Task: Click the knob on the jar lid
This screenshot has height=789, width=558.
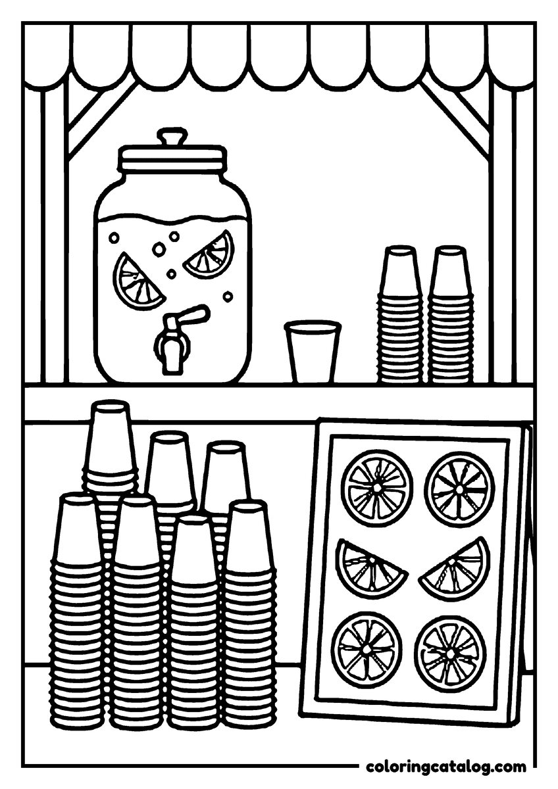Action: pyautogui.click(x=172, y=137)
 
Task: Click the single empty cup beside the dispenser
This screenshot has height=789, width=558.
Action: pyautogui.click(x=313, y=350)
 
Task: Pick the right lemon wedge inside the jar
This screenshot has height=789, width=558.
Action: pyautogui.click(x=210, y=254)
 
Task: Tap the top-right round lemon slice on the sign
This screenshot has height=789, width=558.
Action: pyautogui.click(x=459, y=489)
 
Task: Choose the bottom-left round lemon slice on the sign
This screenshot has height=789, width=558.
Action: pyautogui.click(x=367, y=649)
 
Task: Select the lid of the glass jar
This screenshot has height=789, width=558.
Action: pyautogui.click(x=172, y=156)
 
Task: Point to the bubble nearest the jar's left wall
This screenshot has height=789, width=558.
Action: pyautogui.click(x=114, y=239)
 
